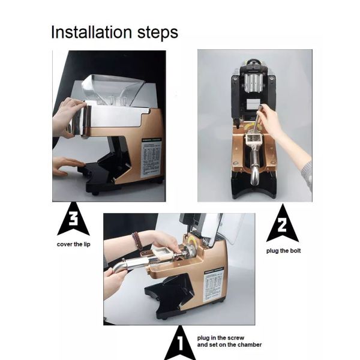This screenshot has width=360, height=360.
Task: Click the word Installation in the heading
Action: pyautogui.click(x=91, y=32)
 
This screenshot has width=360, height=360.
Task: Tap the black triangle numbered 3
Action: pyautogui.click(x=73, y=223)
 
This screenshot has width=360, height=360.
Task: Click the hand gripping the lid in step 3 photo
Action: pyautogui.click(x=67, y=117)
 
